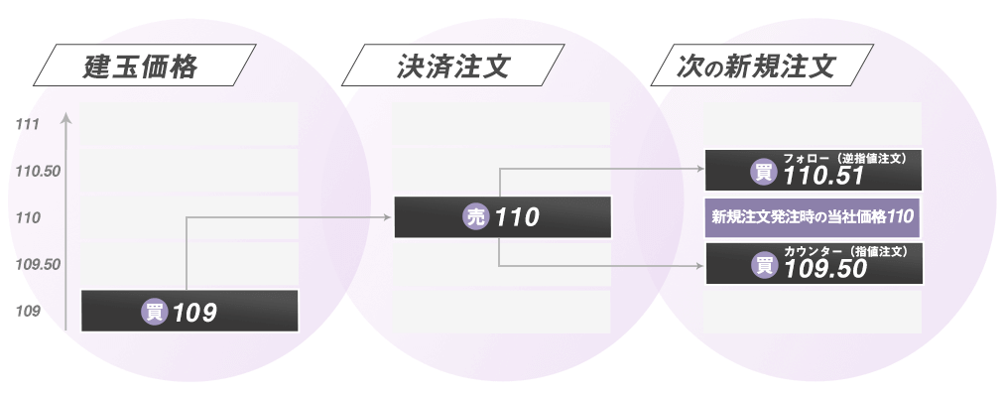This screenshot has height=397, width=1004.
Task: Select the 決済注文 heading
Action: (x=452, y=68)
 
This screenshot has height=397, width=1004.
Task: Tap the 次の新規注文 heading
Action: (x=756, y=68)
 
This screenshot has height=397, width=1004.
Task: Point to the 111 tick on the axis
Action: (x=28, y=125)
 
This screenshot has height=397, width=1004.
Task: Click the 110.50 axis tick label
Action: (x=39, y=172)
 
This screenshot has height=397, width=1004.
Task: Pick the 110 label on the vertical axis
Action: (x=28, y=217)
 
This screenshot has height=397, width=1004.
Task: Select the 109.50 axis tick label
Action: (x=39, y=265)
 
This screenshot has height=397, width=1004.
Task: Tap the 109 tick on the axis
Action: (x=28, y=312)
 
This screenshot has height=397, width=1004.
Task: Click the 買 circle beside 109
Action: (x=155, y=312)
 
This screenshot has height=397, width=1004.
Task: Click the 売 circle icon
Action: (x=477, y=217)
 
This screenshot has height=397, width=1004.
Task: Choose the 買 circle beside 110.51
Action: (x=764, y=174)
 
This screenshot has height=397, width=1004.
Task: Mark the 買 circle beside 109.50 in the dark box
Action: (x=764, y=266)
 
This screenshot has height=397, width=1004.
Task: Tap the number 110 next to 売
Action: (x=516, y=217)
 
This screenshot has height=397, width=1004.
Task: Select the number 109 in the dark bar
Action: (x=194, y=313)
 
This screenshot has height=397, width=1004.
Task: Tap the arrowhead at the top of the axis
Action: (x=65, y=119)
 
